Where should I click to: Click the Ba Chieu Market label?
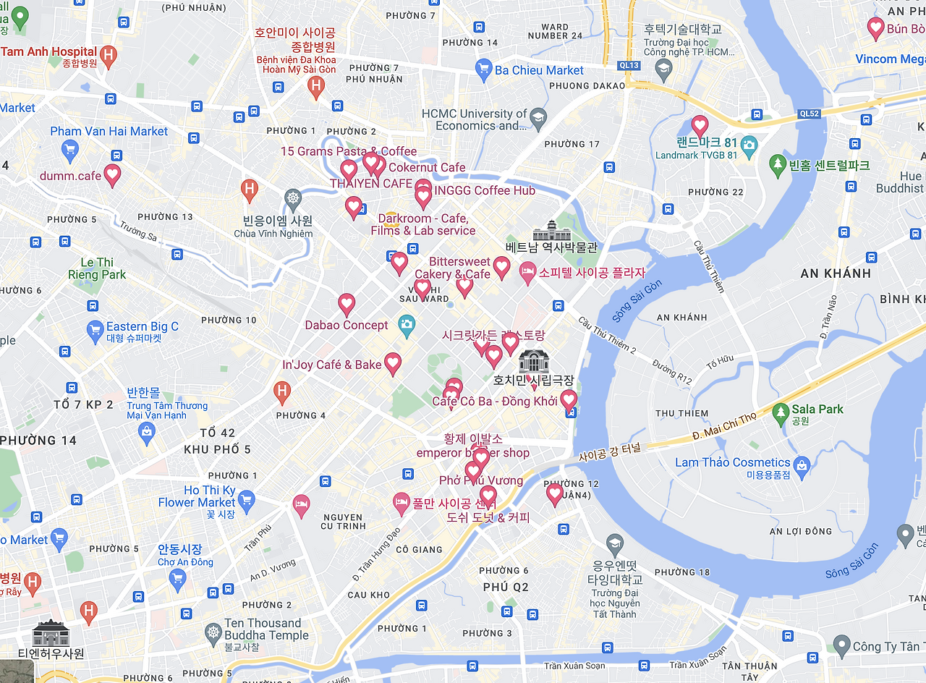(x=539, y=70)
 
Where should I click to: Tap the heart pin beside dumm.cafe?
(x=112, y=174)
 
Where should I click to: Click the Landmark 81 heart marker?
(x=700, y=125)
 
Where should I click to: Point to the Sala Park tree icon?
(x=780, y=413)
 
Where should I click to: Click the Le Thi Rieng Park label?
(x=97, y=268)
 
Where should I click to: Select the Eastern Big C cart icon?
(x=95, y=331)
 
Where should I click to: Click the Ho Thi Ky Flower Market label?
(x=197, y=496)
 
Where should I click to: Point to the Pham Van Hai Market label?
(x=109, y=131)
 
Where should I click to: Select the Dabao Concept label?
(x=347, y=325)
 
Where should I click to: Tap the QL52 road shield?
(x=808, y=114)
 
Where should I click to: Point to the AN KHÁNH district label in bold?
(x=836, y=273)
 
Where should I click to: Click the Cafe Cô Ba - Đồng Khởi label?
(x=495, y=401)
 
